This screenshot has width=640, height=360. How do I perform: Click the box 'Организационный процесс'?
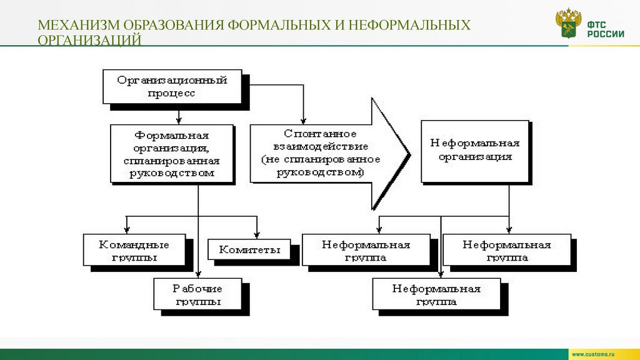coord(172,86)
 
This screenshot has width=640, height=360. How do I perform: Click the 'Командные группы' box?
coord(134,249)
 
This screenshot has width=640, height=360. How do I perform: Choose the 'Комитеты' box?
coord(249,249)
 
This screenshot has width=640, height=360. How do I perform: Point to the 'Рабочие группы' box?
coord(197,294)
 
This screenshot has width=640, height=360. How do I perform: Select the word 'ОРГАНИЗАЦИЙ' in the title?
coord(89,41)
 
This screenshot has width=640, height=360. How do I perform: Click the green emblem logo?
coord(568,24)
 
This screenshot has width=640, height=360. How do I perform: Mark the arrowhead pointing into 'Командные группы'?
coord(127,229)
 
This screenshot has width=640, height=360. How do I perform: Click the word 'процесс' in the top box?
coord(172,93)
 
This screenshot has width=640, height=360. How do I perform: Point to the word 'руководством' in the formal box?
coord(172,173)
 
